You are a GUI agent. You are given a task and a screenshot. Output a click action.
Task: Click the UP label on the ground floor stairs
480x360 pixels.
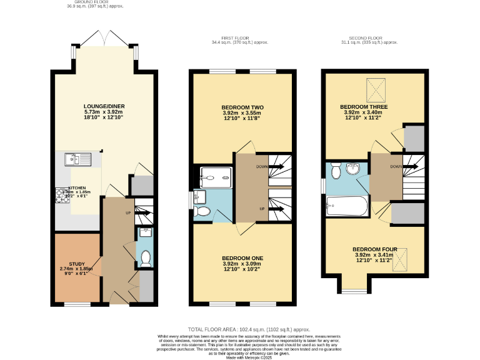(128, 213)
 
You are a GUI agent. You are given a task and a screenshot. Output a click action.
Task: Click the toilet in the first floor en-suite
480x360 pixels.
(202, 211)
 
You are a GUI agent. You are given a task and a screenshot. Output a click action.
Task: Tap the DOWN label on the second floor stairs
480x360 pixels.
(396, 167)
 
